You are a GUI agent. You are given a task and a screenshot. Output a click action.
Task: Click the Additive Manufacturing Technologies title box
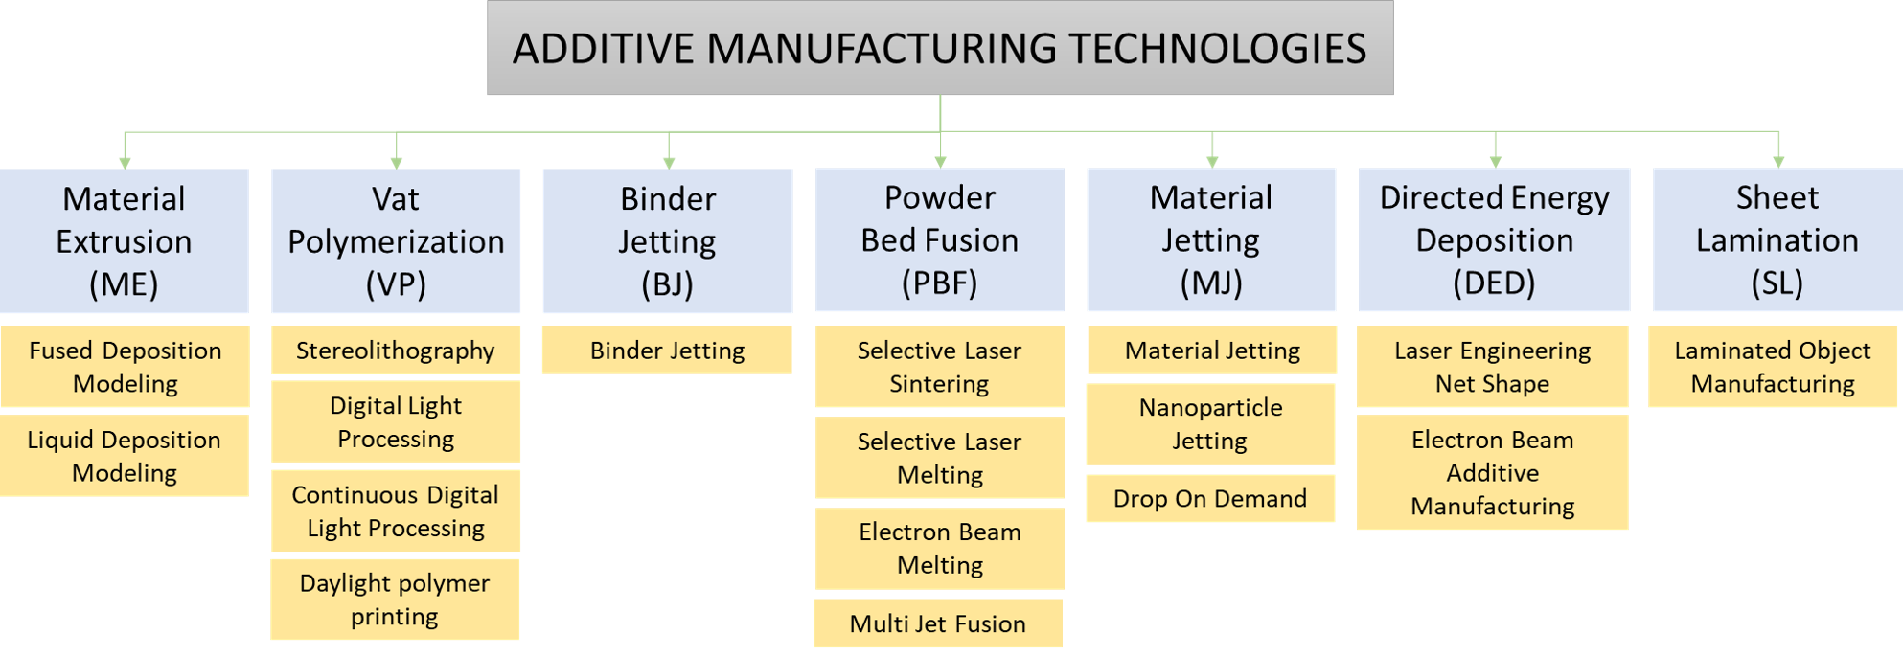(940, 48)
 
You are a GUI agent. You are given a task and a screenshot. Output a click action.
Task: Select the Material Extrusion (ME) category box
(125, 241)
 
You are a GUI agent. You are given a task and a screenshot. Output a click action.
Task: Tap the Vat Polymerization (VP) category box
(396, 241)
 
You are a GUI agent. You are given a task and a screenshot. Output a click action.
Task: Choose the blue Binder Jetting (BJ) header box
(668, 241)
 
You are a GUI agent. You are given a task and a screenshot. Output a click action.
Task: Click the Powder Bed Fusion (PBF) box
(940, 240)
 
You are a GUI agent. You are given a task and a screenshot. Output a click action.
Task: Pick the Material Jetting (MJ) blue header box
(1211, 240)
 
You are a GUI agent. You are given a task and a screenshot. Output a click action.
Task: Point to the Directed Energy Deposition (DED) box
(1494, 240)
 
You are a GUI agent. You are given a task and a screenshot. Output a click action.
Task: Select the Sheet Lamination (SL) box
(1777, 240)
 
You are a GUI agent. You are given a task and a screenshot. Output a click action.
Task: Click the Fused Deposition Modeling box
(125, 367)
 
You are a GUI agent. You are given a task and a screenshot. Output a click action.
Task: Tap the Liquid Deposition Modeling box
(125, 456)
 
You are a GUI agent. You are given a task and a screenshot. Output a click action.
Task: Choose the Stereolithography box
(396, 351)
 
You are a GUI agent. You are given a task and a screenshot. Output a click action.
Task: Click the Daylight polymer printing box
(395, 600)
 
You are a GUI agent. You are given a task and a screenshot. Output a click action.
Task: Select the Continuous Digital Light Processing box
(396, 510)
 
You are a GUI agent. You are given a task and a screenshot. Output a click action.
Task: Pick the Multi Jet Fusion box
(938, 623)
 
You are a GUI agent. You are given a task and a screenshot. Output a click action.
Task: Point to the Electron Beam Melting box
(940, 548)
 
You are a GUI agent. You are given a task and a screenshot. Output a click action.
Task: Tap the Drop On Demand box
(1210, 498)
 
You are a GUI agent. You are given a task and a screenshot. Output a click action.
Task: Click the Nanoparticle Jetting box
(1210, 424)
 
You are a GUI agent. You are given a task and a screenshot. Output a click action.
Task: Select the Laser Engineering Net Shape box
(1493, 367)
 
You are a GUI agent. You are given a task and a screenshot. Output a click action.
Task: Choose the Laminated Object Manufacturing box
(1773, 367)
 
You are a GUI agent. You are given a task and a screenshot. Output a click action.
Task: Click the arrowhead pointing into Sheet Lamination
(1778, 163)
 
